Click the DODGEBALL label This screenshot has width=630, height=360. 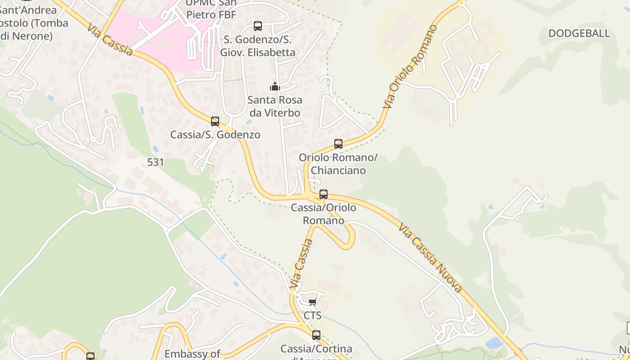579,33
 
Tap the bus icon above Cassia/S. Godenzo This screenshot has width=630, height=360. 215,121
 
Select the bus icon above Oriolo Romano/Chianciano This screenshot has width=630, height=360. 338,144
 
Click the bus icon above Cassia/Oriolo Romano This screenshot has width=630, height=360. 324,194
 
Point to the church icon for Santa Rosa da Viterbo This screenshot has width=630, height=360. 274,86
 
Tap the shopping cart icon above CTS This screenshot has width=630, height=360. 313,302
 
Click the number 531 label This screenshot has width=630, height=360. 155,162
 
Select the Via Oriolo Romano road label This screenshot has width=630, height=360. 410,67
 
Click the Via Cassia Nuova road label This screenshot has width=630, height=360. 430,257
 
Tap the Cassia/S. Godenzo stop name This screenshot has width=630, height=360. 215,135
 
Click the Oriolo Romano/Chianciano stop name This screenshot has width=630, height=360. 338,164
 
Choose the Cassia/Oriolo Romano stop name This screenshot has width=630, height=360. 324,214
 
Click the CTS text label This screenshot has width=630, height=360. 313,315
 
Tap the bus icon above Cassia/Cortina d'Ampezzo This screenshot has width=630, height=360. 316,335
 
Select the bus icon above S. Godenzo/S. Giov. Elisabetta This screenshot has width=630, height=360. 258,26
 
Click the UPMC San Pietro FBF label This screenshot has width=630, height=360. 211,9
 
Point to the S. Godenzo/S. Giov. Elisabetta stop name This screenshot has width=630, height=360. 258,46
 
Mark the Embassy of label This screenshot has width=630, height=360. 192,354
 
